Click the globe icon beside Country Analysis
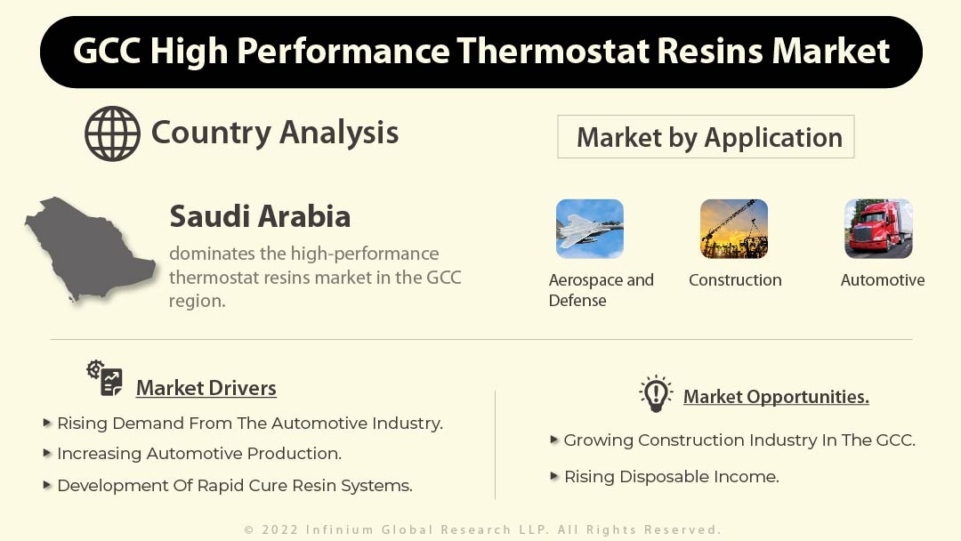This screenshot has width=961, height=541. tap(112, 133)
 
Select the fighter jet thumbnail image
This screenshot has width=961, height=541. tap(590, 229)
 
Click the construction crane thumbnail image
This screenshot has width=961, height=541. tap(733, 229)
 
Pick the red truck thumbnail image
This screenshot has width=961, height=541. tap(878, 229)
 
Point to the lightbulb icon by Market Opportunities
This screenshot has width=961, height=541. tap(656, 393)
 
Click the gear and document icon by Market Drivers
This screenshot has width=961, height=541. tap(105, 378)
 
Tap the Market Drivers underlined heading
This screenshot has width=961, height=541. tap(206, 388)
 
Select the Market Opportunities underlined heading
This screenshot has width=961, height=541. tap(776, 397)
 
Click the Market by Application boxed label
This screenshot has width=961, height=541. tap(706, 137)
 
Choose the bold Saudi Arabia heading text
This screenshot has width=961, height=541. tap(260, 216)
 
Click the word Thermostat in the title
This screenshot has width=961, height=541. tap(553, 50)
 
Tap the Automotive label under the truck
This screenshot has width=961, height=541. tap(883, 280)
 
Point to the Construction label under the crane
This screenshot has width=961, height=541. tap(735, 280)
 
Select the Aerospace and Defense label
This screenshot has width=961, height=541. tap(602, 290)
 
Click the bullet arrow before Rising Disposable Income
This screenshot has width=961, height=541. tap(554, 476)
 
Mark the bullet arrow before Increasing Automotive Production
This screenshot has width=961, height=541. tap(47, 453)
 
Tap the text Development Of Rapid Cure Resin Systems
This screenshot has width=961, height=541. tap(235, 485)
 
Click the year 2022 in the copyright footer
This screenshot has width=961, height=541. tap(280, 529)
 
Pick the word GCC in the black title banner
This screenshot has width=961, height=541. tap(107, 50)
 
